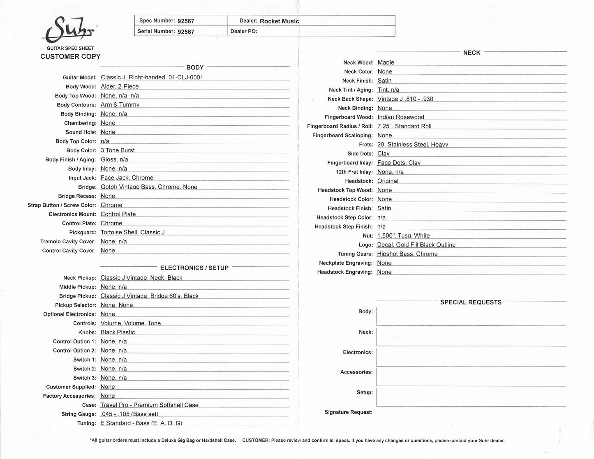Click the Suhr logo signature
69,30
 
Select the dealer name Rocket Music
279,21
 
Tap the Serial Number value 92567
186,32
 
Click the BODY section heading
195,67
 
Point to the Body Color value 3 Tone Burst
118,150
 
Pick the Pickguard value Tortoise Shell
132,232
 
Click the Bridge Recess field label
77,196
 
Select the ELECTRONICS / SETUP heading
194,268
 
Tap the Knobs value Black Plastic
118,332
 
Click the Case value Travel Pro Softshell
149,405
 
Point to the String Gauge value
129,414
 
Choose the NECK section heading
472,53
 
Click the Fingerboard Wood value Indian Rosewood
400,117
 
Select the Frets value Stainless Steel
412,144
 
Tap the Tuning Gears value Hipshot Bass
407,254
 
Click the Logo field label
365,244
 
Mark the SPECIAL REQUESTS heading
471,302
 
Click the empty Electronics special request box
471,357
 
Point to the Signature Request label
348,412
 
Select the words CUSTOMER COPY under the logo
70,57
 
